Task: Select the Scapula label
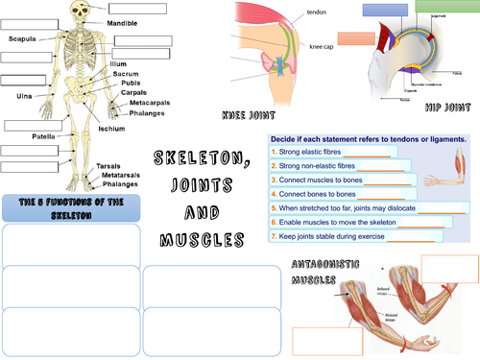coord(23,39)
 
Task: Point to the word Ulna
coord(25,96)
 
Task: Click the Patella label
coord(42,137)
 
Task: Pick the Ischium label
coord(111,129)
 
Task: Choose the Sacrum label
coord(127,74)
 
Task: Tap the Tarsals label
coord(108,166)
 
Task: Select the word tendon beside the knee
coord(316,12)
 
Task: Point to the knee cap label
coord(322,46)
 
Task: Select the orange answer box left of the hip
coord(356,38)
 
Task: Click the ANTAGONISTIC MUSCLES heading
coord(313,275)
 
